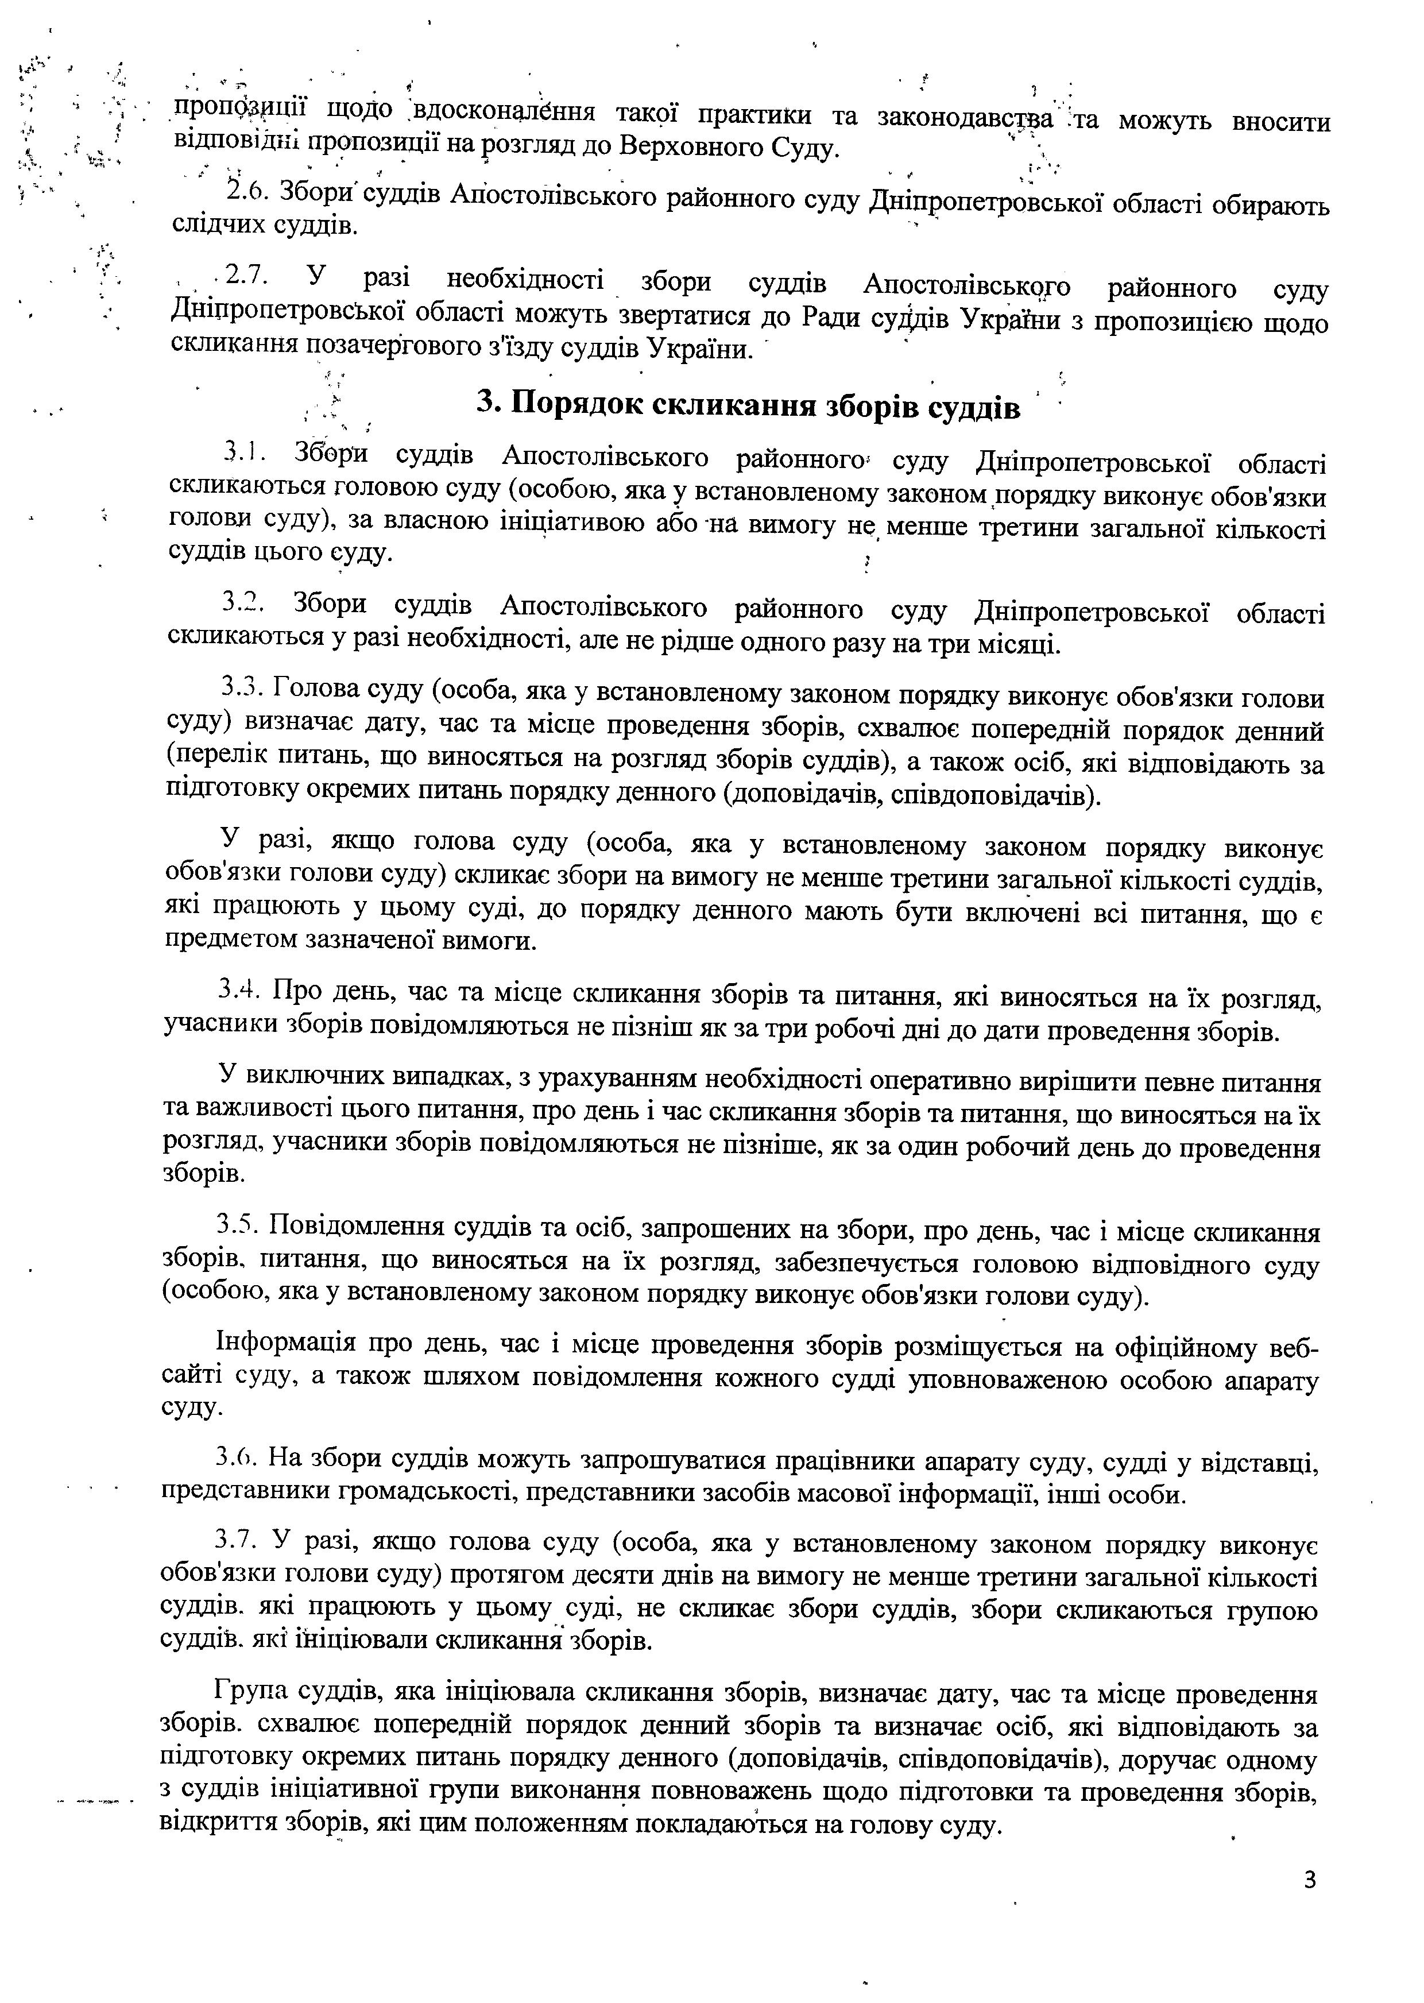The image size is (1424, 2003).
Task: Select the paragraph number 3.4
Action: [x=239, y=991]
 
